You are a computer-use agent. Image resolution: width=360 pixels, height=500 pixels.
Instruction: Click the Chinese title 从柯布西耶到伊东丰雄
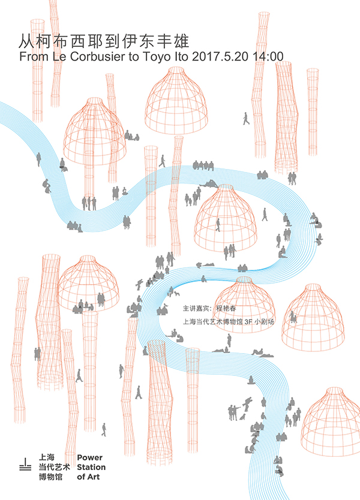pyautogui.click(x=104, y=41)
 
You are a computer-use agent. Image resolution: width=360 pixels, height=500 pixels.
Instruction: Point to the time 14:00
pyautogui.click(x=268, y=56)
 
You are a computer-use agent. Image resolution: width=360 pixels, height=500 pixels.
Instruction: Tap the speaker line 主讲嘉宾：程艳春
pyautogui.click(x=209, y=308)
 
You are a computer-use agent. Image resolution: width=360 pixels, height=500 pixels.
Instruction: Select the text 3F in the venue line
pyautogui.click(x=248, y=322)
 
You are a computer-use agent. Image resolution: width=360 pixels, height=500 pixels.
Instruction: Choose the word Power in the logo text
pyautogui.click(x=89, y=457)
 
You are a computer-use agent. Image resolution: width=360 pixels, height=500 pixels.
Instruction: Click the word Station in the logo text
pyautogui.click(x=91, y=467)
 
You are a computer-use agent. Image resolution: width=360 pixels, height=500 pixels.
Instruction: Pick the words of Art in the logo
pyautogui.click(x=88, y=477)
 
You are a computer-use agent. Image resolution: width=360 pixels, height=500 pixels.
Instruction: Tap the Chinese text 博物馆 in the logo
pyautogui.click(x=51, y=477)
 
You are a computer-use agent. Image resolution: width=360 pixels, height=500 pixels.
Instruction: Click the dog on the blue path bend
pyautogui.click(x=176, y=293)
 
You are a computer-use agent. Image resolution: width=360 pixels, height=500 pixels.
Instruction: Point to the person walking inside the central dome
pyautogui.click(x=218, y=225)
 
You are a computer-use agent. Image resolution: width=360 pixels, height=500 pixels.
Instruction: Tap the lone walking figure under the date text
pyautogui.click(x=246, y=118)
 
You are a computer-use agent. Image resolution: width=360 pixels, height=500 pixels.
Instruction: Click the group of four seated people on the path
pyautogui.click(x=203, y=166)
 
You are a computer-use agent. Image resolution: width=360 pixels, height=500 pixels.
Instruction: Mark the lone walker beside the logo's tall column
pyautogui.click(x=104, y=429)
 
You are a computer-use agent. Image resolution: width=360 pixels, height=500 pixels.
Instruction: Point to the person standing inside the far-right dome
pyautogui.click(x=292, y=317)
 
